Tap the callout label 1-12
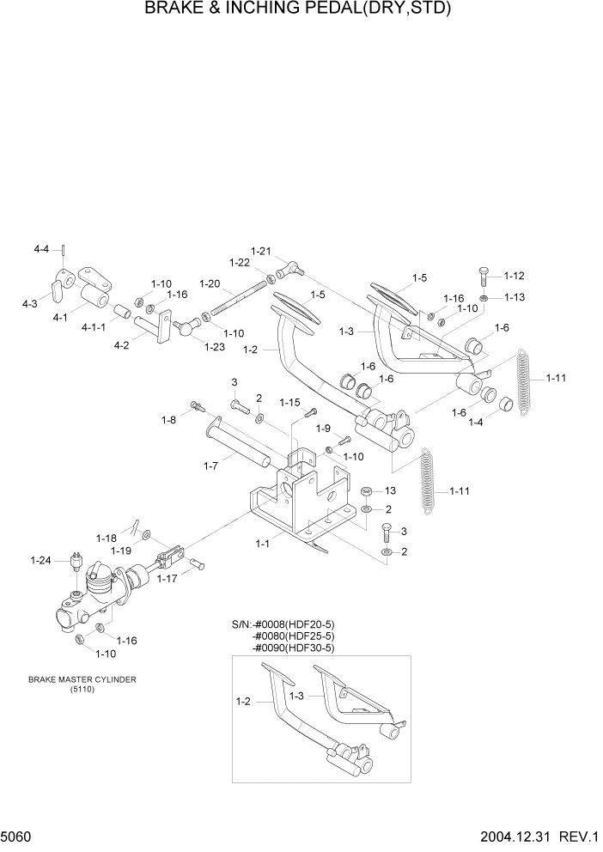tap(514, 276)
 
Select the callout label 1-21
tap(260, 251)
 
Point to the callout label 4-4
tap(41, 249)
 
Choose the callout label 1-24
tap(41, 561)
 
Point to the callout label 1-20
tap(210, 283)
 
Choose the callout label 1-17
tap(168, 579)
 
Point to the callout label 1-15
tap(289, 402)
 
